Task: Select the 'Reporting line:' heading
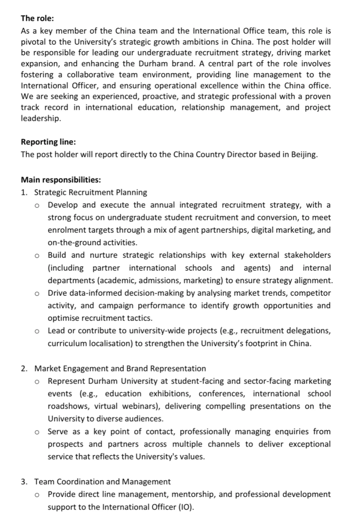point(48,142)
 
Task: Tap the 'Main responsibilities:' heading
point(61,180)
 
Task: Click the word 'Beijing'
point(304,155)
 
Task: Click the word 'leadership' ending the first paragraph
point(40,118)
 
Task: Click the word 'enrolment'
point(65,230)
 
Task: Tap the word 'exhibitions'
point(170,394)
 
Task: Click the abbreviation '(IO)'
point(186,507)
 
